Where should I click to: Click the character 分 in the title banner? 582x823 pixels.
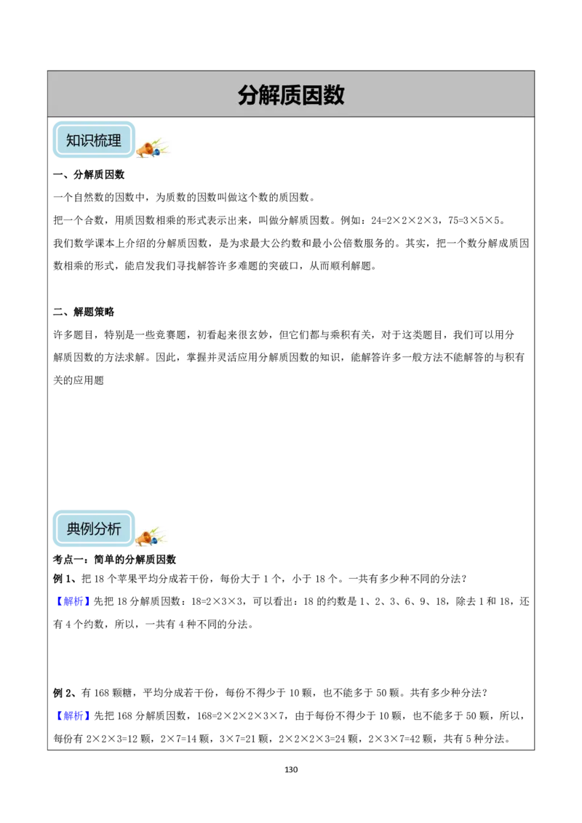pyautogui.click(x=249, y=95)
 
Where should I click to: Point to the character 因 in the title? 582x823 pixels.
pyautogui.click(x=313, y=95)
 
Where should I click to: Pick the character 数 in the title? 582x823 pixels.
pyautogui.click(x=334, y=95)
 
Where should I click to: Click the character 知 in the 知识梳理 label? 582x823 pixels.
pyautogui.click(x=73, y=140)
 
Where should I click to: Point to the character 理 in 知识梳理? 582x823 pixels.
pyautogui.click(x=115, y=140)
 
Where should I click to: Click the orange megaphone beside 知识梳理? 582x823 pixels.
pyautogui.click(x=146, y=150)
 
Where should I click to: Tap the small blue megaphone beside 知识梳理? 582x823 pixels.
pyautogui.click(x=156, y=153)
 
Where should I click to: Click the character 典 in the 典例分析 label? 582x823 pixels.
pyautogui.click(x=73, y=529)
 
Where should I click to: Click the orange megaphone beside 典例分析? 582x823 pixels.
pyautogui.click(x=145, y=538)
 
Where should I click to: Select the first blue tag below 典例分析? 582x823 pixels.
pyautogui.click(x=73, y=601)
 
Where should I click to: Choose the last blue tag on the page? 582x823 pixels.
pyautogui.click(x=73, y=715)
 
